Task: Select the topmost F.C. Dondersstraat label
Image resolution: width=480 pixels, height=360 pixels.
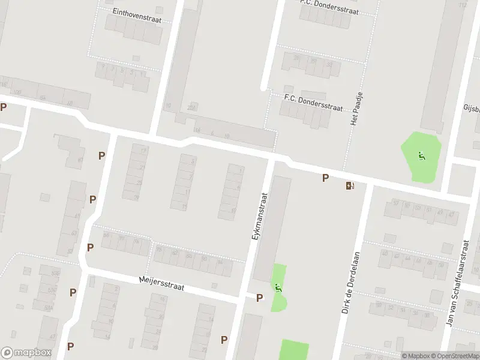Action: click(329, 6)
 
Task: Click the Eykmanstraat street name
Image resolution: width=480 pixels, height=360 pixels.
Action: click(259, 215)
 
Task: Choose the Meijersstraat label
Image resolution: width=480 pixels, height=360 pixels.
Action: click(161, 283)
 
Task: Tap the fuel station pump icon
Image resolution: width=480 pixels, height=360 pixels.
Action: click(350, 185)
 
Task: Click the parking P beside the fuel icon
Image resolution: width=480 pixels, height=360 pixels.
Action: click(326, 178)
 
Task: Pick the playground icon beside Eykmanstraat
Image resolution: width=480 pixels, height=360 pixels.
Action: click(278, 288)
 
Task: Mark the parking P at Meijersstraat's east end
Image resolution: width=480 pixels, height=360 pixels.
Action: click(260, 298)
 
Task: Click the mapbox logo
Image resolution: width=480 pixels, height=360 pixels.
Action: click(26, 353)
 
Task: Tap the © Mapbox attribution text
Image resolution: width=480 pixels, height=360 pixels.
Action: click(415, 356)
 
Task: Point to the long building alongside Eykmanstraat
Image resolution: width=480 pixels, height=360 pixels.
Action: click(271, 229)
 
